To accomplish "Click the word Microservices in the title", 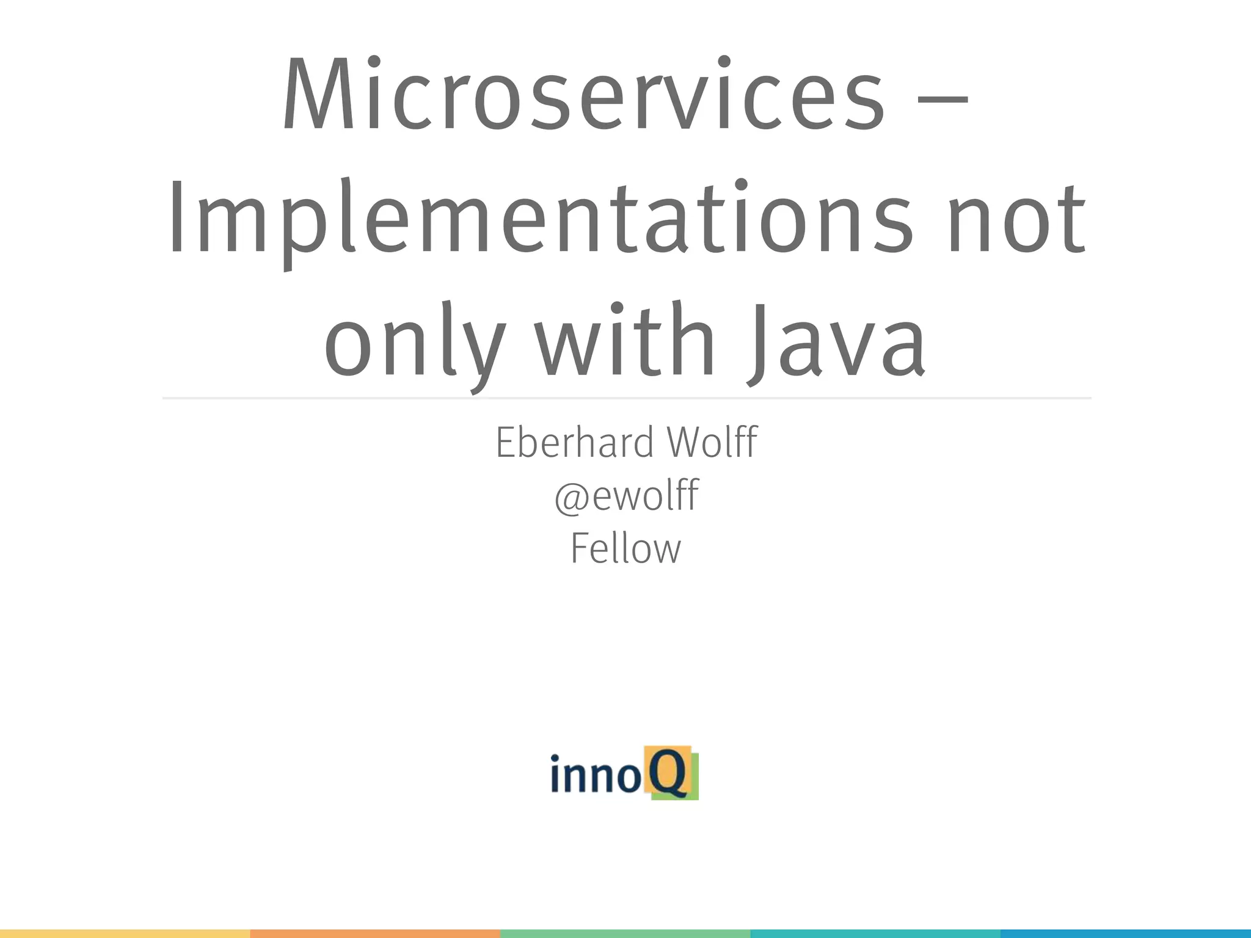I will click(583, 95).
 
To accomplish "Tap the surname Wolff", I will click(712, 442).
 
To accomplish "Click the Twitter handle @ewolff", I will click(626, 495).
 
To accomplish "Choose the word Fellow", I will click(625, 548).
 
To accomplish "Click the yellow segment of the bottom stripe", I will click(125, 934).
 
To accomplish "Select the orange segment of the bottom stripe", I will click(375, 934).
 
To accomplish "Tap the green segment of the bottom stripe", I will click(625, 934).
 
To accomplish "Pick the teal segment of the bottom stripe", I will click(875, 934).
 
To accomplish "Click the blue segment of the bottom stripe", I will click(1126, 934).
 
